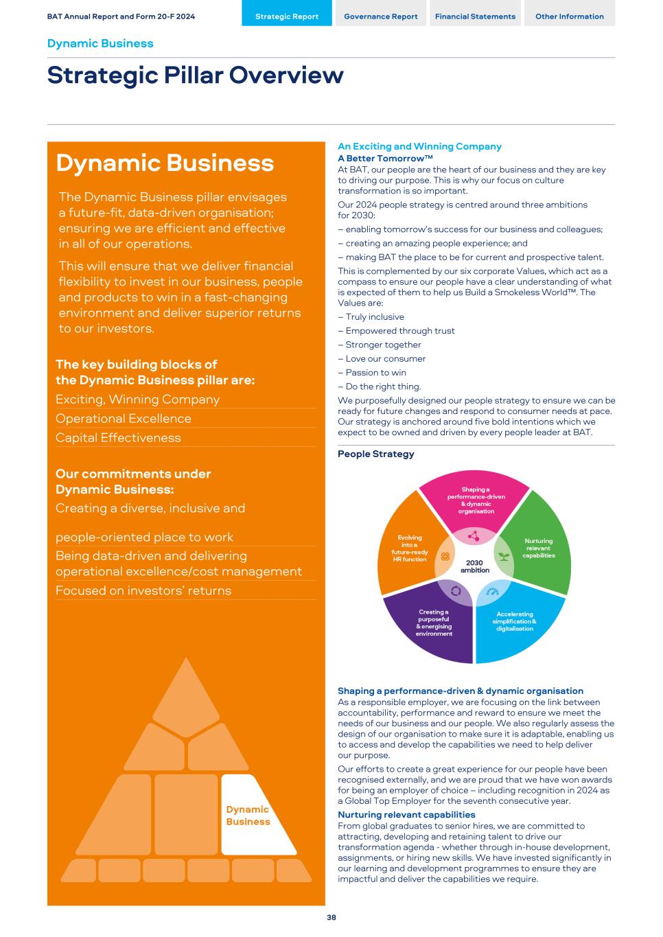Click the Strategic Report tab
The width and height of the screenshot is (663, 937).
(287, 16)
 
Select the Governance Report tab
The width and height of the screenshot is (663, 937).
(380, 16)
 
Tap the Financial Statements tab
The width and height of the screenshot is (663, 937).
(475, 16)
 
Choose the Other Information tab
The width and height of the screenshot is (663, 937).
(569, 16)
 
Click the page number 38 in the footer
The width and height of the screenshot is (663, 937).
(331, 918)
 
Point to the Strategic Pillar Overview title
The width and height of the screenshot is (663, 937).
(196, 75)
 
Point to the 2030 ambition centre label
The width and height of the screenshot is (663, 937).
(474, 566)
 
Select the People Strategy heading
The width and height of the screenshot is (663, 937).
(376, 454)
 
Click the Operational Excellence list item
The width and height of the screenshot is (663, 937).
(124, 418)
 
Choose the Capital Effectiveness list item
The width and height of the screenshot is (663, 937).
(118, 437)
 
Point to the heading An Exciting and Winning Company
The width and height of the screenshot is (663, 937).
(419, 146)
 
